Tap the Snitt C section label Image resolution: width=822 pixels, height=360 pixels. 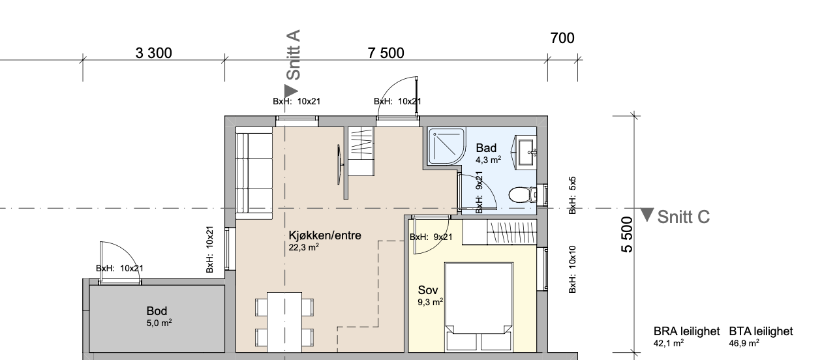click(x=683, y=217)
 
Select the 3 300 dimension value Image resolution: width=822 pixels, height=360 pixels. click(x=154, y=53)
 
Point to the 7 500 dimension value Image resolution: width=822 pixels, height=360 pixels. click(x=386, y=53)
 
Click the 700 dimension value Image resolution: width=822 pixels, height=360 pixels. click(x=562, y=38)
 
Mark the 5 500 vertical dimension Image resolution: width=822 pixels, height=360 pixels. click(x=626, y=236)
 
